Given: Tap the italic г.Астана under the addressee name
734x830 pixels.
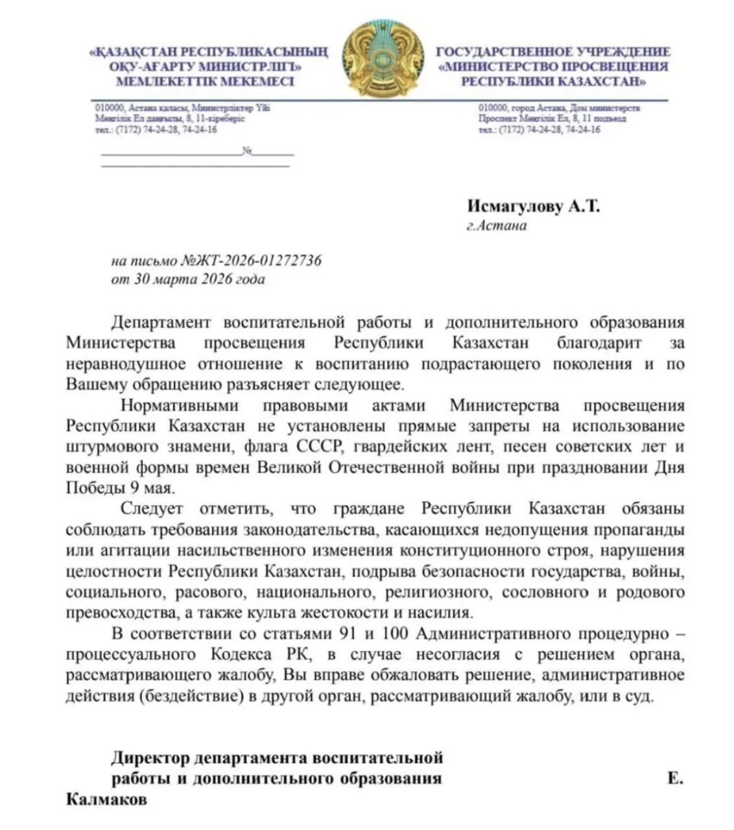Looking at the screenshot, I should point(497,226).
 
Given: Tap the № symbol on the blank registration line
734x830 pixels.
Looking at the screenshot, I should point(247,151).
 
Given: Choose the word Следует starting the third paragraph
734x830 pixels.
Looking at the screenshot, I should point(152,508).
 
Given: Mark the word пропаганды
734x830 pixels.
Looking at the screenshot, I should point(641,529).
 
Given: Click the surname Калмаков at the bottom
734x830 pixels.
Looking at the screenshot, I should point(106,799).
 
